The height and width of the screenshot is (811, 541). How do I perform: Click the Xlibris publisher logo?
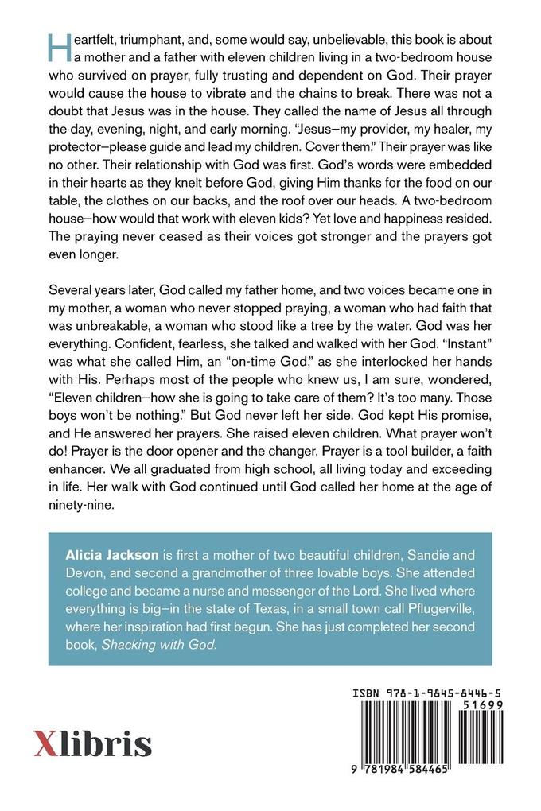pyautogui.click(x=92, y=744)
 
